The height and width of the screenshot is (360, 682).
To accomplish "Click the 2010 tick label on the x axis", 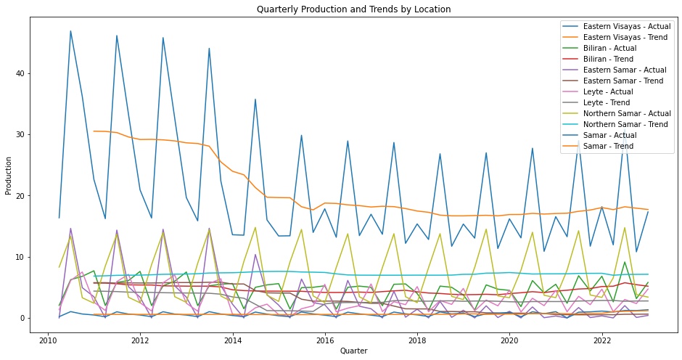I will pyautogui.click(x=48, y=339).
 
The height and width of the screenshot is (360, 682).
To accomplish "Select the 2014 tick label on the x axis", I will pyautogui.click(x=233, y=339).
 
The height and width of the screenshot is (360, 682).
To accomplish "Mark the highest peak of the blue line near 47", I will pyautogui.click(x=70, y=31).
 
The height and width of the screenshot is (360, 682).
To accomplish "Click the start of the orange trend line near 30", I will pyautogui.click(x=94, y=131).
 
